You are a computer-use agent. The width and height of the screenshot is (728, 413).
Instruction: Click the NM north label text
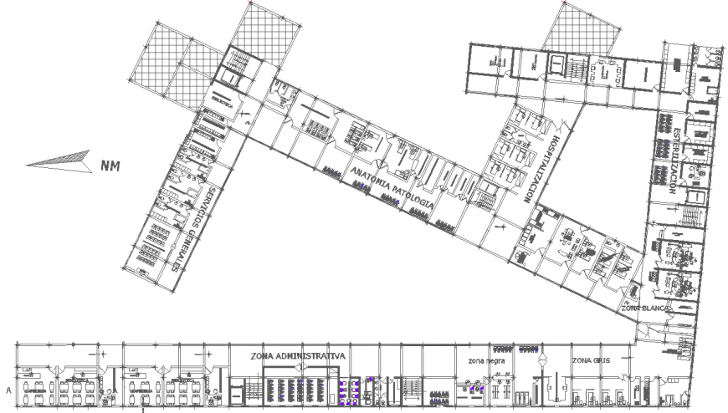pos(110,166)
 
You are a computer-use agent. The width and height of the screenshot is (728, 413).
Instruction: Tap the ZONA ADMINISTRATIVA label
pos(297,355)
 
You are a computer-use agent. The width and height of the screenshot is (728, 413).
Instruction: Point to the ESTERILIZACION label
pos(674,162)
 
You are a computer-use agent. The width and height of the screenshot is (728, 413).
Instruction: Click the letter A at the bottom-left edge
pos(8,390)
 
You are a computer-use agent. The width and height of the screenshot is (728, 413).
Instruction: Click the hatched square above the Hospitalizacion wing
pos(584,25)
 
